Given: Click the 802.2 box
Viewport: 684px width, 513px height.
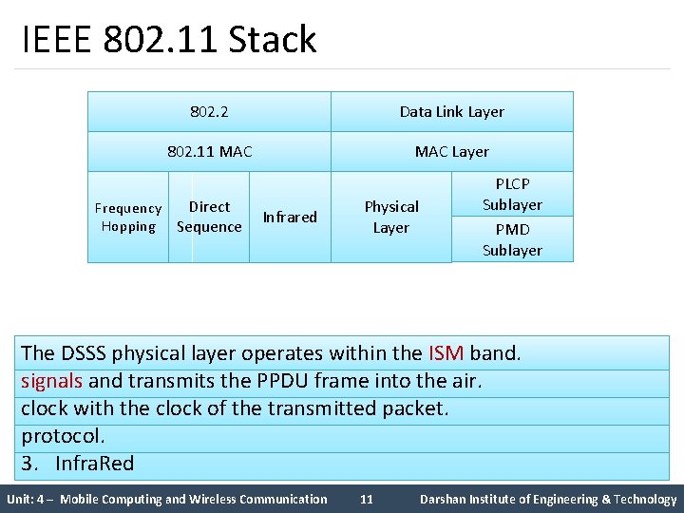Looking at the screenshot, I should [209, 111].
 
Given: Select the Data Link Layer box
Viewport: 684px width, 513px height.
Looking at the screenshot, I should [451, 111].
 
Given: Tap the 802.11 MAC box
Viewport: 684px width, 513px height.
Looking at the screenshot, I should [209, 151].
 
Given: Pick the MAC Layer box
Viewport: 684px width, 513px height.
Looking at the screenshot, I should [451, 151].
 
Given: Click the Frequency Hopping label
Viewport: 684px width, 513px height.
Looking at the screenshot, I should [128, 218].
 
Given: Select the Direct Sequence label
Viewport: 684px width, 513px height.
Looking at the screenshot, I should [209, 217].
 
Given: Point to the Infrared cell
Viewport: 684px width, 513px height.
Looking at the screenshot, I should [290, 217].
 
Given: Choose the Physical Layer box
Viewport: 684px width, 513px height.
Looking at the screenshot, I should [390, 217].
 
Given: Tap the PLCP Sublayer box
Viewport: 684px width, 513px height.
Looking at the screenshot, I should [512, 194].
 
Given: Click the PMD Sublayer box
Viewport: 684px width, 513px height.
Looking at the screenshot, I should [512, 239].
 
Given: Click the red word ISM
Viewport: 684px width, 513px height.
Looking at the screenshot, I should [446, 353].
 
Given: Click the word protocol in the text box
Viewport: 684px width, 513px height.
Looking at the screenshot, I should [63, 436].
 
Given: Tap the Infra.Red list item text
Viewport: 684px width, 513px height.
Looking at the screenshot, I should [94, 464].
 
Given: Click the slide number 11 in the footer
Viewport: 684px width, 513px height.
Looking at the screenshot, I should [367, 499].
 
